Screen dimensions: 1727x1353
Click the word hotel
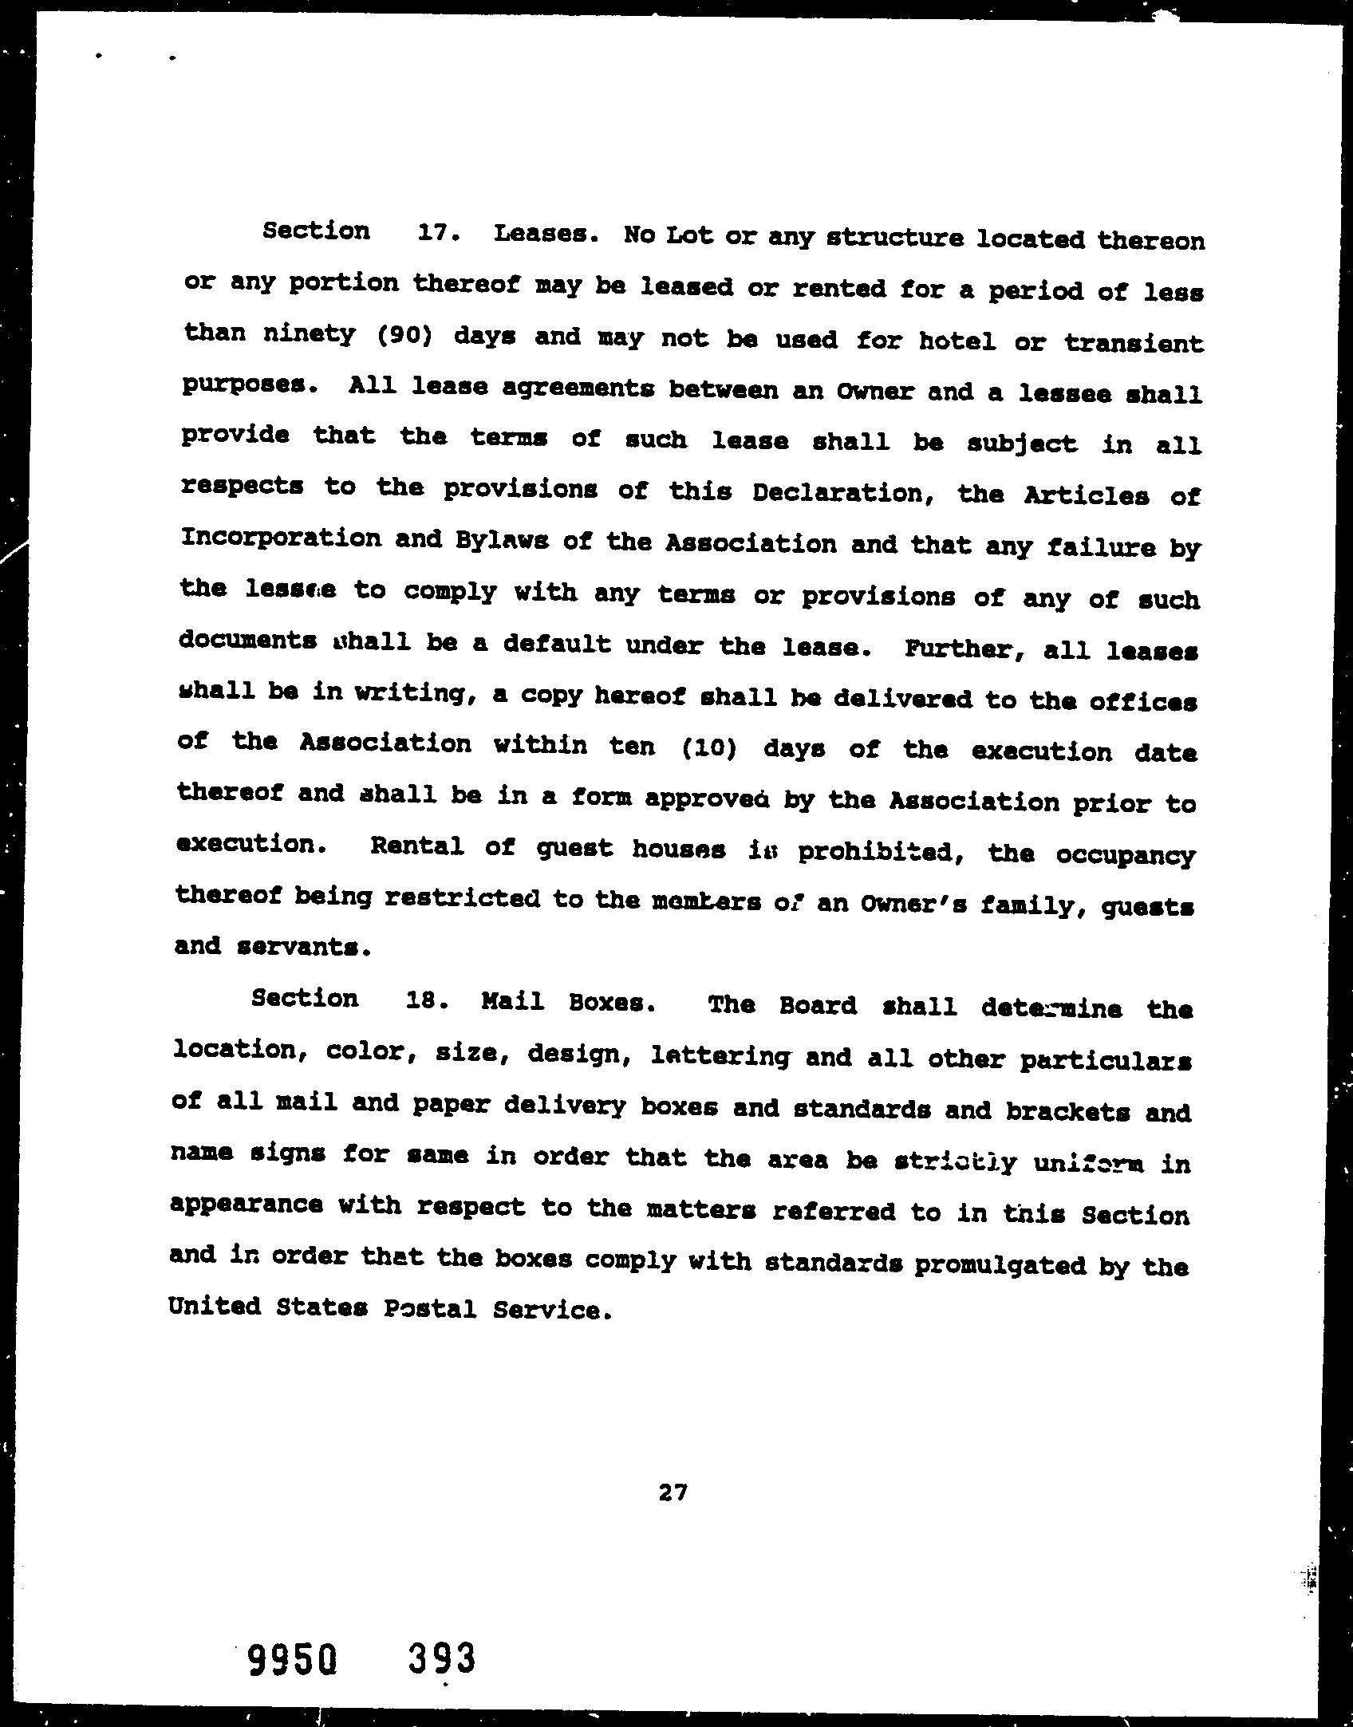click(x=957, y=342)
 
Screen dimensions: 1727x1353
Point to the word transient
click(x=1133, y=344)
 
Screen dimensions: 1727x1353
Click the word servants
click(x=306, y=947)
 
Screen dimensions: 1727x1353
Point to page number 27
click(x=673, y=1492)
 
